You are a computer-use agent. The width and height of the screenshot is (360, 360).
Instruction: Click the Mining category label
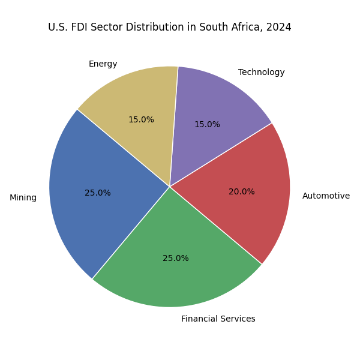point(23,198)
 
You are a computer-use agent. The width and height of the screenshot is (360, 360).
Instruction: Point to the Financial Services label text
point(218,319)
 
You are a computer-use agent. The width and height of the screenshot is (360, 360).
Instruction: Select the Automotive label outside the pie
point(326,196)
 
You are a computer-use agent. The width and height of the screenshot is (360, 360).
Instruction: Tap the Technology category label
point(261,73)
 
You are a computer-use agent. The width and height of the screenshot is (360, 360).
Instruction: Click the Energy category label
point(103,64)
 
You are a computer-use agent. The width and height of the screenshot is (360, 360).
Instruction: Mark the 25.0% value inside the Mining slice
point(97,193)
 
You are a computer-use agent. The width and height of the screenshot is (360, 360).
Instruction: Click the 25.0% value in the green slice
point(175,259)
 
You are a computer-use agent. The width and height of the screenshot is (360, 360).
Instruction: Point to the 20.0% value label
point(241,192)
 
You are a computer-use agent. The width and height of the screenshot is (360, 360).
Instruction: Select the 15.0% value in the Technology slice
point(206,125)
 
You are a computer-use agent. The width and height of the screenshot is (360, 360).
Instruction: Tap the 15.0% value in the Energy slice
point(141,120)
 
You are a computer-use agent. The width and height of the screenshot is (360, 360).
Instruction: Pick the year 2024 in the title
point(279,28)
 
